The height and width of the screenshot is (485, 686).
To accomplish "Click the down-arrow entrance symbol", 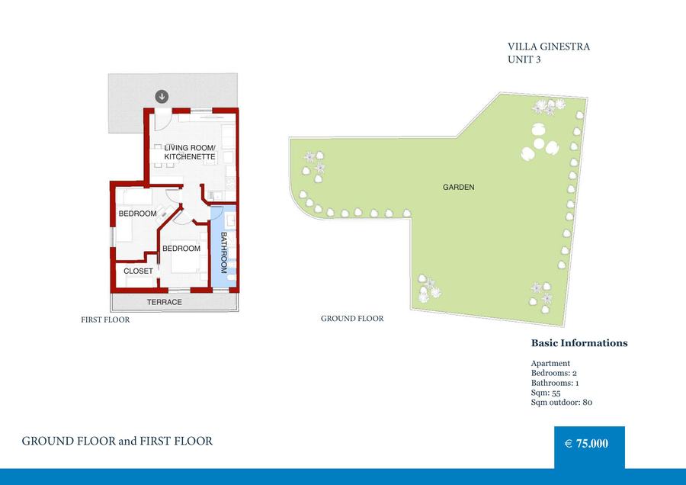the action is [162, 96].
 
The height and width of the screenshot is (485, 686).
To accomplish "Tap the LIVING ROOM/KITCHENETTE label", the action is [190, 153].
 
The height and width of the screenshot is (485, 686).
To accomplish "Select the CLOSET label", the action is [138, 271].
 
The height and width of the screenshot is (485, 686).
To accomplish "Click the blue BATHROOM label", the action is [223, 252].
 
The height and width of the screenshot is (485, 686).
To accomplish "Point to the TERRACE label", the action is [165, 302].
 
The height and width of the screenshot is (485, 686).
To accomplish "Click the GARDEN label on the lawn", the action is [459, 187].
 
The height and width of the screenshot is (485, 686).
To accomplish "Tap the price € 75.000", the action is [586, 443].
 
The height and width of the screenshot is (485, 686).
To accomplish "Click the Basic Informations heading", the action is [579, 342].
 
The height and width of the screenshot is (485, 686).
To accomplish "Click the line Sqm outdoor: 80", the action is [562, 403].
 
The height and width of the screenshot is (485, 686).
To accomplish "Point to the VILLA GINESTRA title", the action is [549, 47].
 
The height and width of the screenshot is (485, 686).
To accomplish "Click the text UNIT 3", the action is [524, 59].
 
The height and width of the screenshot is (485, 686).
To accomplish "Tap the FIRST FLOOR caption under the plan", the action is [105, 320].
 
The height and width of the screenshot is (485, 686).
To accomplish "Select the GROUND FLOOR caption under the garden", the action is [352, 318].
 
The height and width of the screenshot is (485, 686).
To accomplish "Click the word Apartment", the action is [550, 363].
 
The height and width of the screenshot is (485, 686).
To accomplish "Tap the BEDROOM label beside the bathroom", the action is [181, 248].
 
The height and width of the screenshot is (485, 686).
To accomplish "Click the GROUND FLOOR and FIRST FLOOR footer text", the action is [117, 441].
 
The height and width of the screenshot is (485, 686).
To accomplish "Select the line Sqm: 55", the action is [546, 393].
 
